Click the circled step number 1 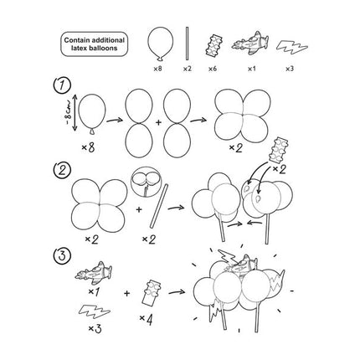[62, 85]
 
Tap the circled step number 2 [62, 169]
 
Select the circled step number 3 [61, 256]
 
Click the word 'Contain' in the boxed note [75, 40]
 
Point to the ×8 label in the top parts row [157, 69]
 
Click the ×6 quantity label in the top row [213, 69]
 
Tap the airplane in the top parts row [250, 44]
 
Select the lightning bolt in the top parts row [292, 48]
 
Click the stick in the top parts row [188, 44]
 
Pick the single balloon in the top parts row [160, 44]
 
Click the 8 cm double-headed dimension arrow [75, 112]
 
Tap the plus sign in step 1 [158, 122]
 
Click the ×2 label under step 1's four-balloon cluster [236, 147]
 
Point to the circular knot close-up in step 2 [146, 183]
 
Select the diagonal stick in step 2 [159, 206]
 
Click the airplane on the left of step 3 [94, 271]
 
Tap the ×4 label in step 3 [146, 320]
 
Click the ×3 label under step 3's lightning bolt [95, 329]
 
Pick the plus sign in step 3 [127, 294]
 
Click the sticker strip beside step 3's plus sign [152, 292]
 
